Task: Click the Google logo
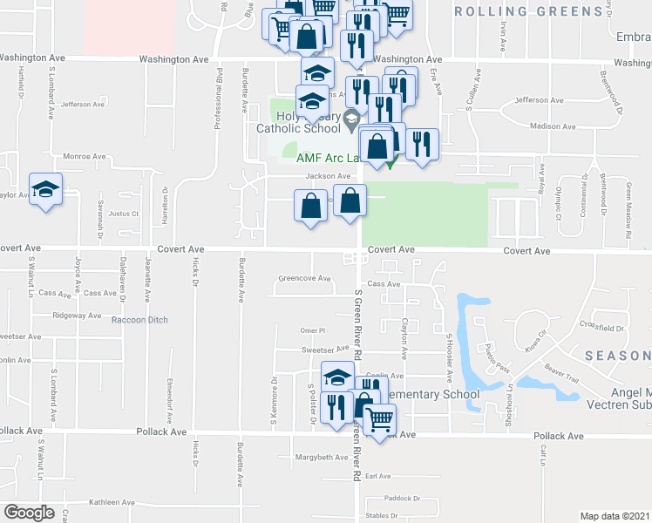[29, 512]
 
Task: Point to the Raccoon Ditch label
[139, 320]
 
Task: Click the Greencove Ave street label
[304, 279]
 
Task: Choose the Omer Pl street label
[312, 330]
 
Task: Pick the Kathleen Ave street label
[111, 502]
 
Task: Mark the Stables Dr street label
[381, 515]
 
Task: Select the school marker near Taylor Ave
[45, 190]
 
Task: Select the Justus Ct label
[125, 213]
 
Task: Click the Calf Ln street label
[542, 451]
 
